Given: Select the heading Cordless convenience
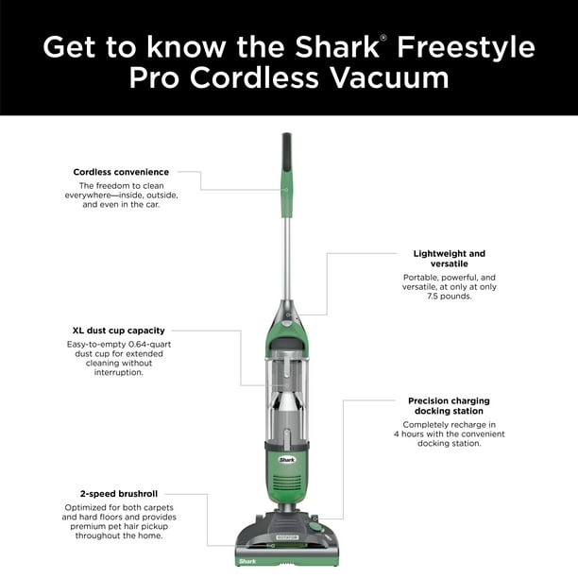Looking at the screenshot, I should click(x=121, y=172).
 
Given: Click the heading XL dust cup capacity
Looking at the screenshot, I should click(x=119, y=331).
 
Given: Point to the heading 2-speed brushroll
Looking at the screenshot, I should click(x=119, y=493).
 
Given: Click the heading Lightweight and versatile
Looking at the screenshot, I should click(x=449, y=259).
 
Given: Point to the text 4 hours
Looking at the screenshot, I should click(x=407, y=433).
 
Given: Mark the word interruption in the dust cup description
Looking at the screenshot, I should click(x=119, y=372).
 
